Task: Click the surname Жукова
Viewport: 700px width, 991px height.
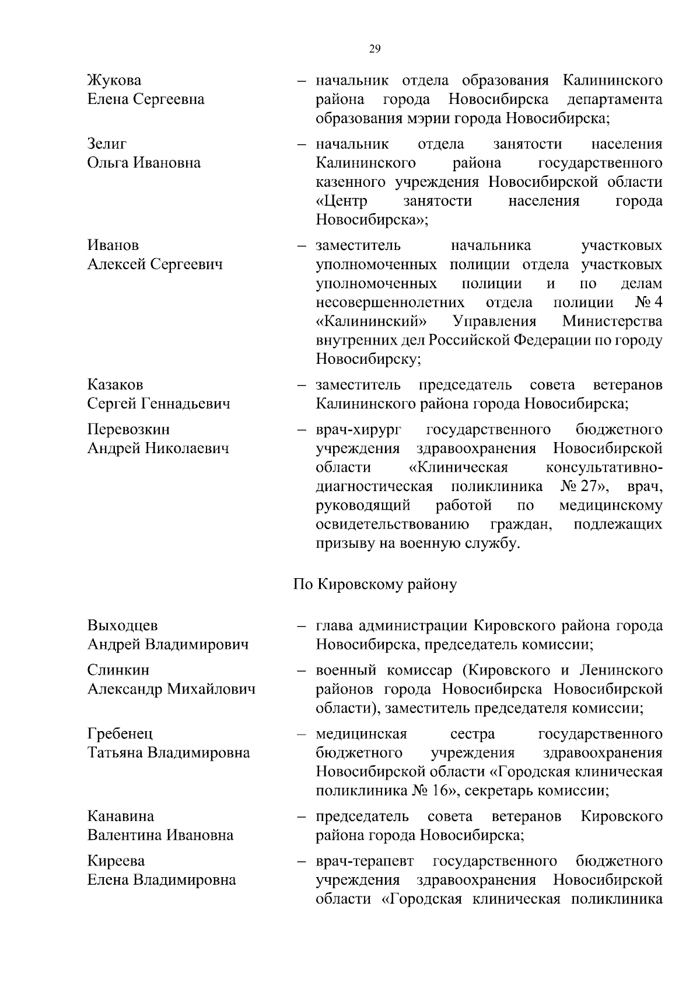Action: (114, 80)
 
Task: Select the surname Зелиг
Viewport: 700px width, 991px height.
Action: (107, 144)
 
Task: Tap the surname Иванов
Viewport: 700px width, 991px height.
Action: (113, 245)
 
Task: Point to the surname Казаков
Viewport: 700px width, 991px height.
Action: (116, 385)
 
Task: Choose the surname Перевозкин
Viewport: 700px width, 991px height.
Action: (128, 429)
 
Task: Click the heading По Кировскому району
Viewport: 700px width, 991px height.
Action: (374, 585)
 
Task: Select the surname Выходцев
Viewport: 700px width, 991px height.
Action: (123, 625)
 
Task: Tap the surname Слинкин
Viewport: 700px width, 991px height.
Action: (118, 670)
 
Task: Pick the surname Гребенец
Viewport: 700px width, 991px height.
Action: (120, 733)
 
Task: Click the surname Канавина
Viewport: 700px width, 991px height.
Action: (121, 816)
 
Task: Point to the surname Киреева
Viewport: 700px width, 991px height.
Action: (116, 861)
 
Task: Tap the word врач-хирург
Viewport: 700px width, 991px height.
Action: (359, 430)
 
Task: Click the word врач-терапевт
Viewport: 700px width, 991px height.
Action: (365, 861)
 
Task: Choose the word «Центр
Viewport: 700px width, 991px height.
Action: (342, 201)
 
